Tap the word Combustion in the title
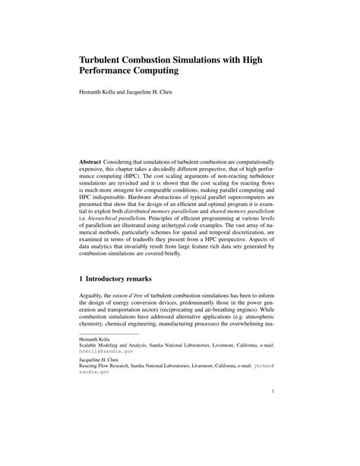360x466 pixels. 172,58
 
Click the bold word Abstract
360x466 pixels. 93,163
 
